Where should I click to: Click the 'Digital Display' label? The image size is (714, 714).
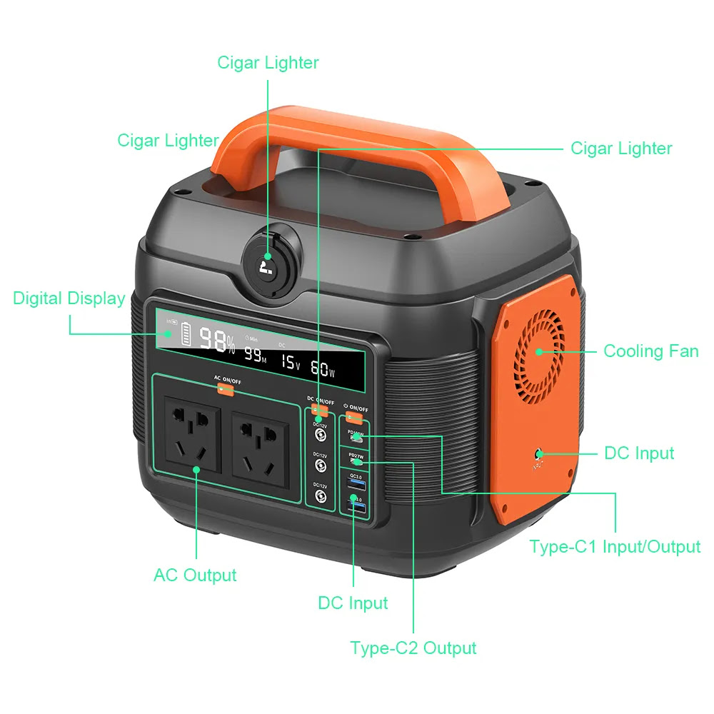tap(69, 298)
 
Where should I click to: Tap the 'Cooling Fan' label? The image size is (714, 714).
tap(650, 351)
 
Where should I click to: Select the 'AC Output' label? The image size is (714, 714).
tap(195, 575)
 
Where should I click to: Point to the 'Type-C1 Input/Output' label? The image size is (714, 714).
tap(615, 547)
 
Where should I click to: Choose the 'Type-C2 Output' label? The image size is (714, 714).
tap(413, 648)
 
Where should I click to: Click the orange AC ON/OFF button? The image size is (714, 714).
tap(226, 389)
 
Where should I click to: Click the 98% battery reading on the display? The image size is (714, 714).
tap(216, 341)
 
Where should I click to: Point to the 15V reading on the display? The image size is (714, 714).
tap(290, 363)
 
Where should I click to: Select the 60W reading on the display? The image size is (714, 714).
tap(323, 369)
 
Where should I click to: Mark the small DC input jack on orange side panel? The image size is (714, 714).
tap(538, 454)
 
